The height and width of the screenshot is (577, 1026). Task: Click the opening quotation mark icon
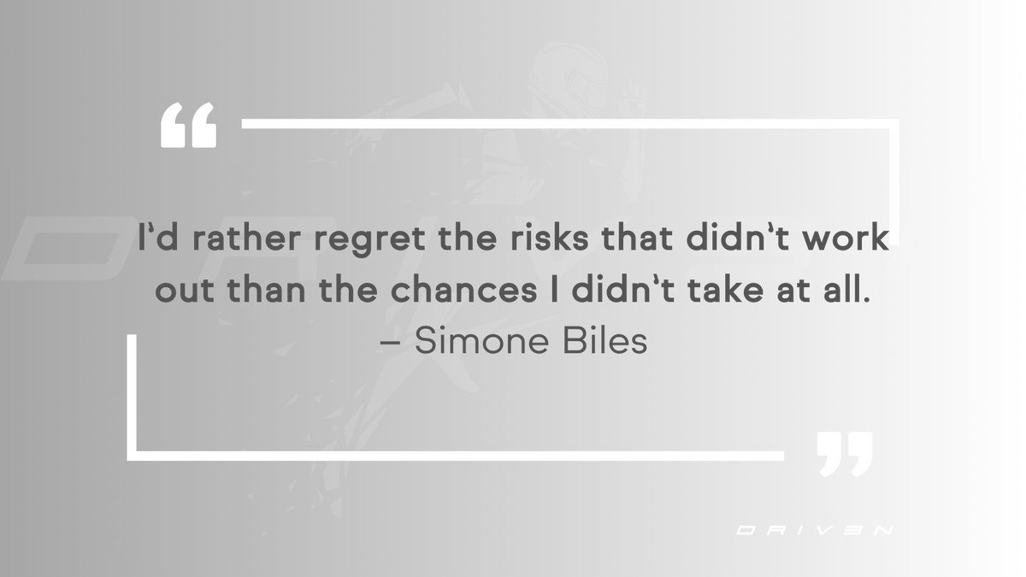[188, 126]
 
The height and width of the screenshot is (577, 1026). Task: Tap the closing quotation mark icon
[844, 453]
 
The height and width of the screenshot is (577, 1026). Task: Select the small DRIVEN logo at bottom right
[815, 530]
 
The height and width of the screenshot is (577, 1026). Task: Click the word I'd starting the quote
[156, 237]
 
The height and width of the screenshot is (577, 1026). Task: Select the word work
[845, 238]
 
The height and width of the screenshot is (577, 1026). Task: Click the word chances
[463, 291]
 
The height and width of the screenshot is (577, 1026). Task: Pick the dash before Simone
[389, 343]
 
